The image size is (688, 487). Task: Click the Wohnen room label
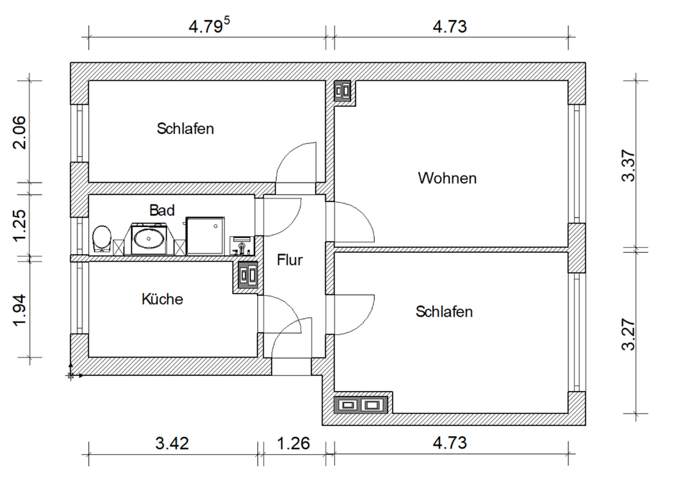pyautogui.click(x=447, y=178)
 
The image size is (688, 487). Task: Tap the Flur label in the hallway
pyautogui.click(x=290, y=260)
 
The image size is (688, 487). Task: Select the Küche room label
pyautogui.click(x=163, y=299)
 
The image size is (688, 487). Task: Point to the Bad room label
pyautogui.click(x=162, y=210)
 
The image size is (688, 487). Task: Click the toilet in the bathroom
pyautogui.click(x=102, y=239)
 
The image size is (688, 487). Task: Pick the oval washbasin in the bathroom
pyautogui.click(x=149, y=239)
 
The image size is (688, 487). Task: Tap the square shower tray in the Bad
pyautogui.click(x=205, y=236)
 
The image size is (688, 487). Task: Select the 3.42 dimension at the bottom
pyautogui.click(x=172, y=443)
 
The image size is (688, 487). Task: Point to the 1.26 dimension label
pyautogui.click(x=294, y=443)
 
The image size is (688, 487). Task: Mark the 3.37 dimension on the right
pyautogui.click(x=629, y=165)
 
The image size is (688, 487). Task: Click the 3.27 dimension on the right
pyautogui.click(x=629, y=334)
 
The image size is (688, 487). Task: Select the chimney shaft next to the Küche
pyautogui.click(x=247, y=275)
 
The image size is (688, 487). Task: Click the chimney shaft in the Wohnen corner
pyautogui.click(x=343, y=91)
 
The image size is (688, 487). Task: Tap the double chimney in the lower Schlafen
pyautogui.click(x=360, y=405)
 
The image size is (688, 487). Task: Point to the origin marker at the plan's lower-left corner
pyautogui.click(x=71, y=375)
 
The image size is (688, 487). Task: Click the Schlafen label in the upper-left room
pyautogui.click(x=185, y=128)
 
